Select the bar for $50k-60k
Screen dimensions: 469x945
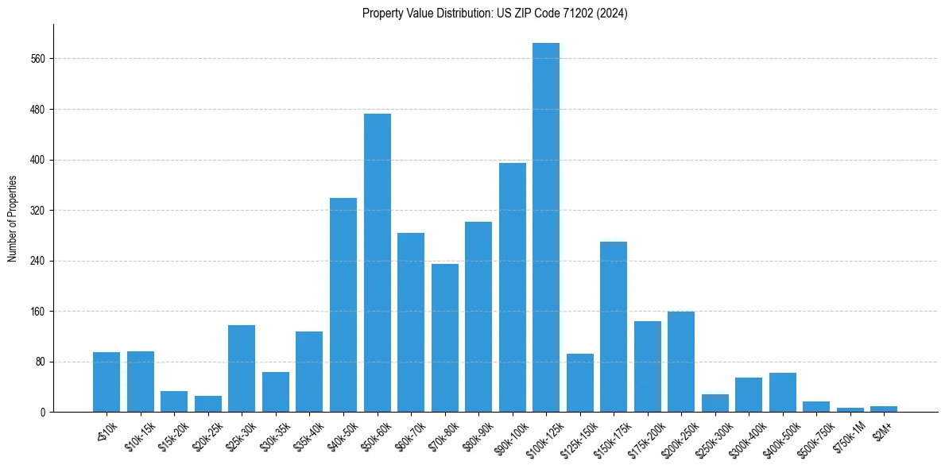(377, 263)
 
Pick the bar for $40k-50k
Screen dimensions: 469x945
(343, 305)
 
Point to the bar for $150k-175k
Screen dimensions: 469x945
(614, 327)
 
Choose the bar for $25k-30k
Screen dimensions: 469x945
(242, 369)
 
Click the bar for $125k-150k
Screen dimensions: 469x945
(579, 383)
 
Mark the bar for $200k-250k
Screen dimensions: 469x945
(681, 362)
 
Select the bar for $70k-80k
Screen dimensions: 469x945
(444, 338)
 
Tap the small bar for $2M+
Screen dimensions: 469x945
(884, 409)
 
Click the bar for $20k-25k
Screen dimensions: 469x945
(208, 404)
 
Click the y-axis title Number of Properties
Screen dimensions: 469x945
(13, 219)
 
